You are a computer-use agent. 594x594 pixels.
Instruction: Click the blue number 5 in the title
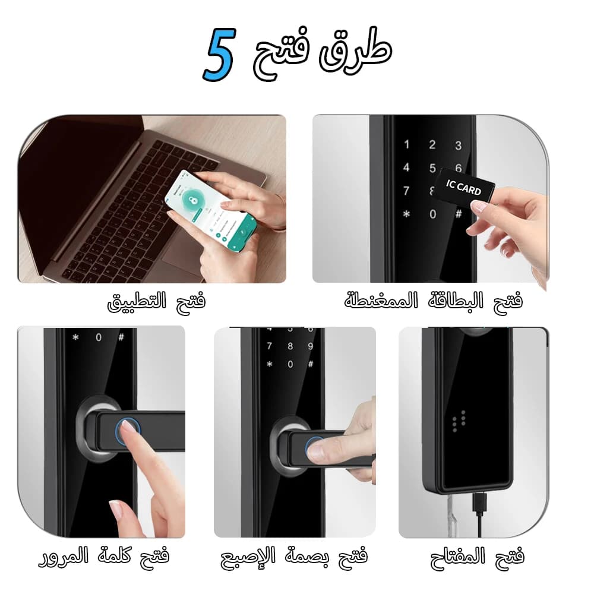coord(220,57)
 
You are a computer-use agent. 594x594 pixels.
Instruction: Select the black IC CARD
coord(466,187)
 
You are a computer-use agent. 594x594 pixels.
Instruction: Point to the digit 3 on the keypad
coord(458,146)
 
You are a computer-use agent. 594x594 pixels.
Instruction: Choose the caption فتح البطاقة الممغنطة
coord(434,301)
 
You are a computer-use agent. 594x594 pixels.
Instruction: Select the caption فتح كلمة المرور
coord(105,557)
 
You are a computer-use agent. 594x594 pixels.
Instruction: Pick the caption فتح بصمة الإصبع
coord(294,557)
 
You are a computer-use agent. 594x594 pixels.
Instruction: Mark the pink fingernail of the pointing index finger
coord(116,510)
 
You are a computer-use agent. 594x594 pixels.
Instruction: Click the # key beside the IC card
coord(458,214)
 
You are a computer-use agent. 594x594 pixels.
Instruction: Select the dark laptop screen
coord(71,178)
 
